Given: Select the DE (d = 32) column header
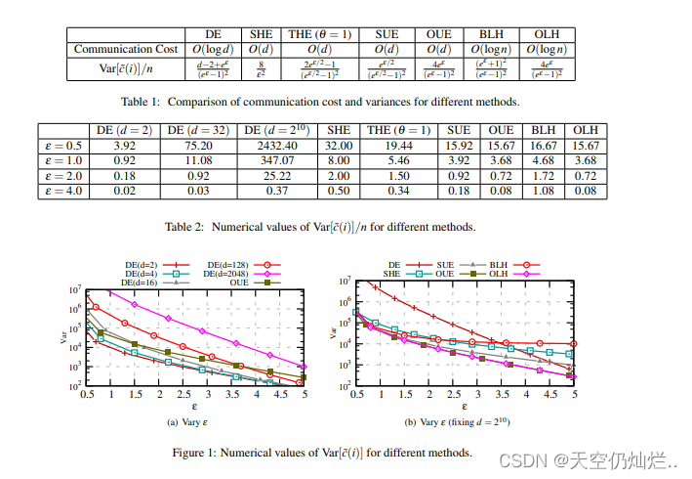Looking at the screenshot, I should [x=196, y=130].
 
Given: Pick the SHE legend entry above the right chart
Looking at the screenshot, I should [x=399, y=274].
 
